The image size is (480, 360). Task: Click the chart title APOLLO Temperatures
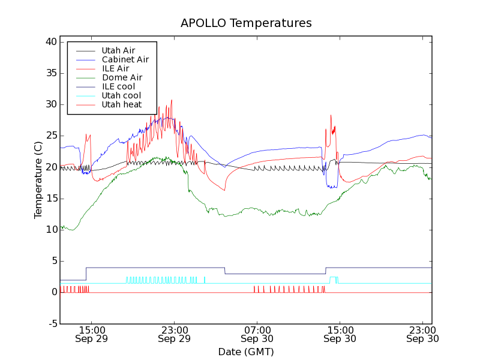(x=246, y=23)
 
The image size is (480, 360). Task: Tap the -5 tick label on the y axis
(x=51, y=323)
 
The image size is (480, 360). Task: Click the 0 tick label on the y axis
(x=53, y=292)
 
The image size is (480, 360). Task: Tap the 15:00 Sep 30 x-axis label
(x=340, y=334)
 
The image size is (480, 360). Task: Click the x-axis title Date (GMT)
(x=246, y=352)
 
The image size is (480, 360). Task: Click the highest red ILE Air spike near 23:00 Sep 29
(x=172, y=101)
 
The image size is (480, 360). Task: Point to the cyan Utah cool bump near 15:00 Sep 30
(x=334, y=278)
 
